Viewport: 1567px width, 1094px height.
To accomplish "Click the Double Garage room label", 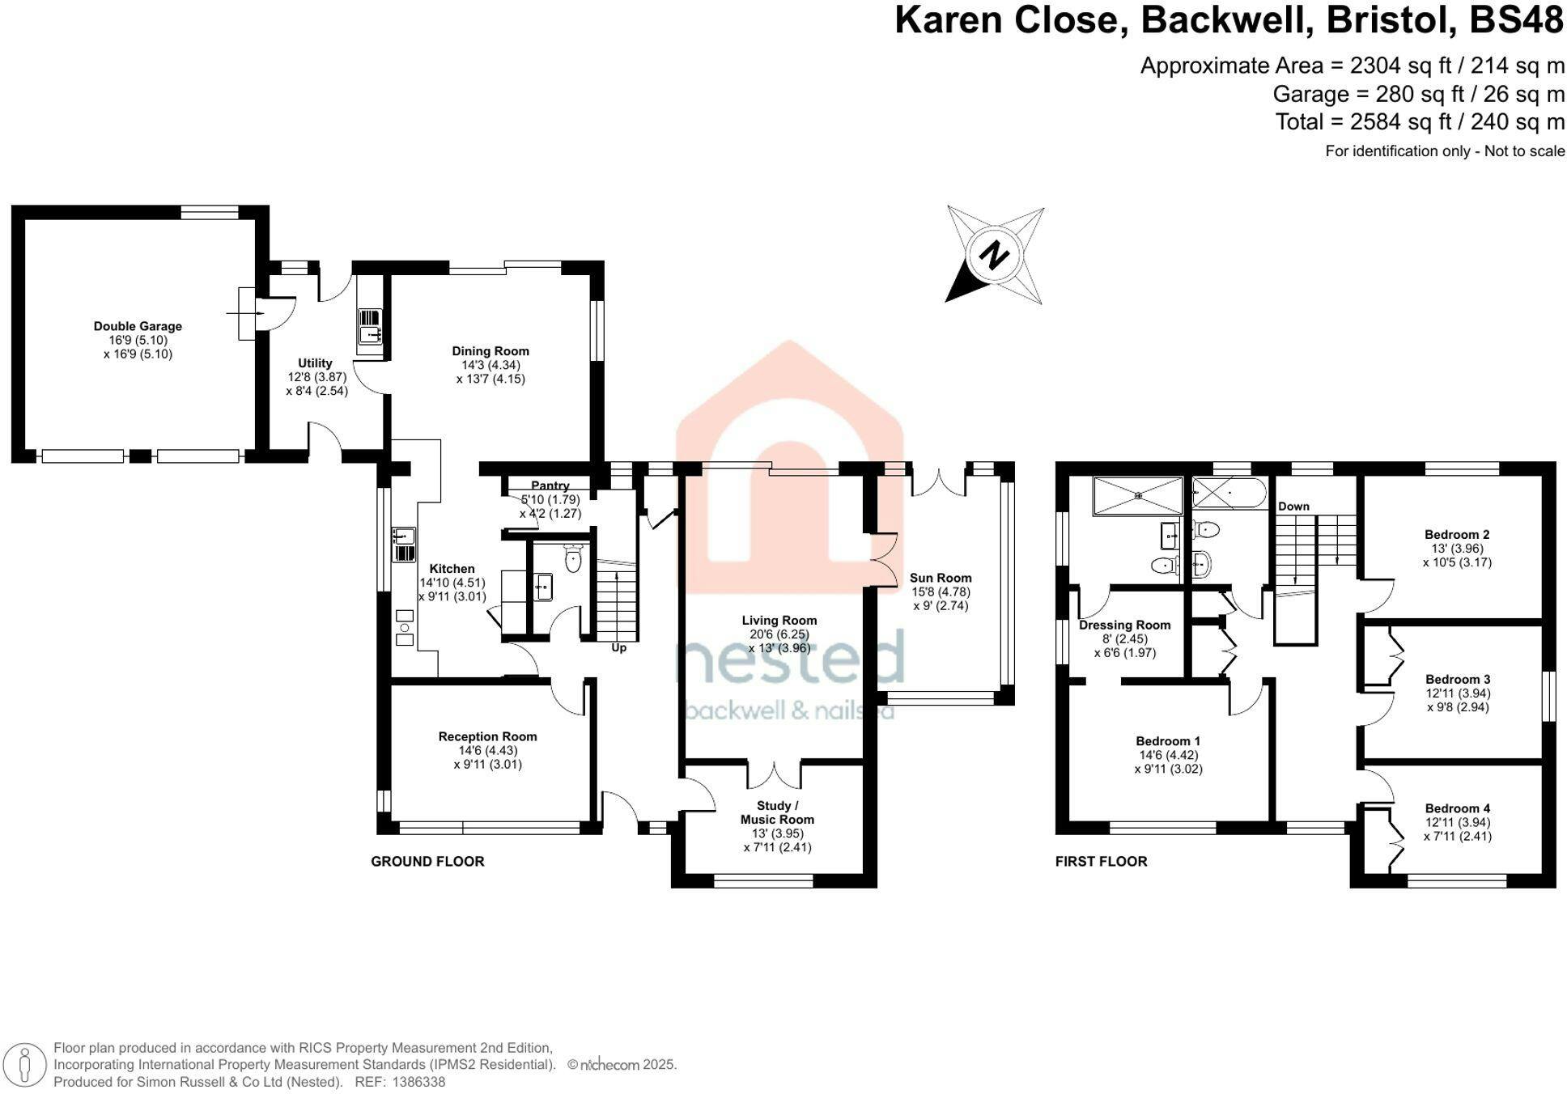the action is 138,326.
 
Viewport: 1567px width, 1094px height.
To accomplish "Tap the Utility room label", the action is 315,363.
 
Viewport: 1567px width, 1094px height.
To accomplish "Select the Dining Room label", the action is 490,351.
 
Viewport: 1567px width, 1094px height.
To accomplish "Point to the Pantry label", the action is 550,486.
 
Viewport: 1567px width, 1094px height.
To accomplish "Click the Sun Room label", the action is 941,578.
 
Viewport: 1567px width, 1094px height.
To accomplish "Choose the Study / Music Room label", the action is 777,812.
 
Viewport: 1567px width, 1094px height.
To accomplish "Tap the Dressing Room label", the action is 1124,625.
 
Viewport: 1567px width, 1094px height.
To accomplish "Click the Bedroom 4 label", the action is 1457,808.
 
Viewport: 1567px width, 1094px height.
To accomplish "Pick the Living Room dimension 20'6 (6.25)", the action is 779,634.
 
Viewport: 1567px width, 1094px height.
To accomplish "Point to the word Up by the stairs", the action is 619,648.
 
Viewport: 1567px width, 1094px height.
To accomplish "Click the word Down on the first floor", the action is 1293,507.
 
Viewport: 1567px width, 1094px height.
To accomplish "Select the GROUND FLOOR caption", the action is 427,862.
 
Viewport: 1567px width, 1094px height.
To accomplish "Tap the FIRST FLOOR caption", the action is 1101,862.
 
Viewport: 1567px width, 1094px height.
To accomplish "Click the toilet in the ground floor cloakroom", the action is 573,558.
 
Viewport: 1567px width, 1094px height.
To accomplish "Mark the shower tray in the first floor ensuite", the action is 1137,496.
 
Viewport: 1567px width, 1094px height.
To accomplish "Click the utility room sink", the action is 370,325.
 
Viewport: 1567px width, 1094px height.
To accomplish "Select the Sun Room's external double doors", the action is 939,482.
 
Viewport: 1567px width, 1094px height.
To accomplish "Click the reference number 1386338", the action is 418,1082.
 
